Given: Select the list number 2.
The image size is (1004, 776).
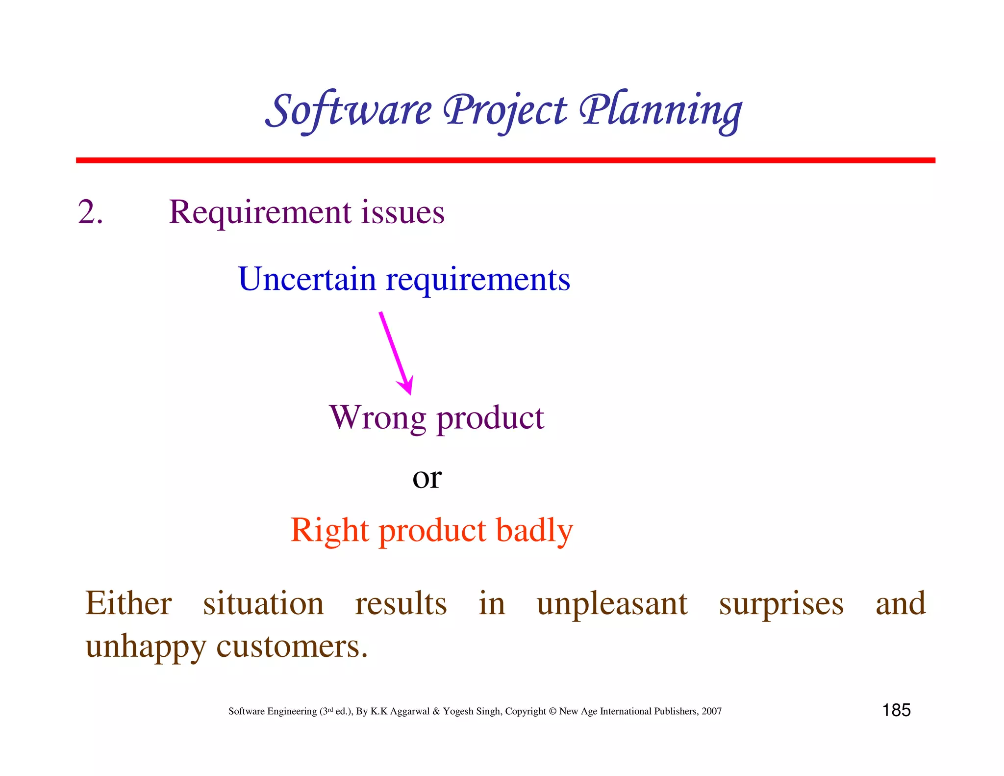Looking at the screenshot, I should (x=90, y=212).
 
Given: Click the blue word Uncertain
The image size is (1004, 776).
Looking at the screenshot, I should (x=307, y=279).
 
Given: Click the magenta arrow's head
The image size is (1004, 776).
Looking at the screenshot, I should (x=407, y=386).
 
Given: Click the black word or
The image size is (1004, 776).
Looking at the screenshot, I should (x=427, y=478).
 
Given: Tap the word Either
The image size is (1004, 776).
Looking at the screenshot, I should (x=128, y=603).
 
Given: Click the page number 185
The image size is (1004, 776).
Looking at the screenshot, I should (x=896, y=710).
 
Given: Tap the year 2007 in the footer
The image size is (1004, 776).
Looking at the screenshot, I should (x=711, y=711).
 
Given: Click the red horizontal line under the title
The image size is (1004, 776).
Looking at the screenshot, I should (x=505, y=160).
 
